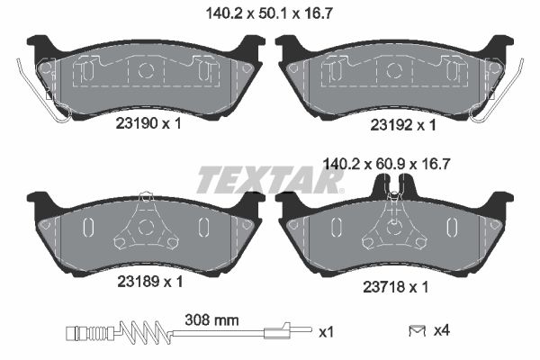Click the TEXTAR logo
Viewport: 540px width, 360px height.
pos(270,181)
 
